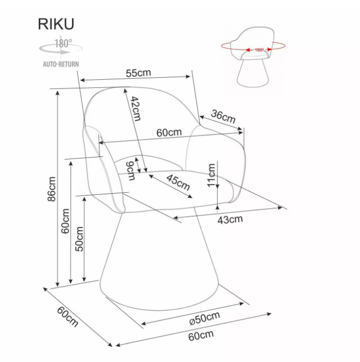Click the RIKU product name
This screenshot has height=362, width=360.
[x=55, y=25]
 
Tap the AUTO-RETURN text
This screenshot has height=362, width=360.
[x=60, y=64]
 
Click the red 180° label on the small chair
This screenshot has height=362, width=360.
[x=259, y=50]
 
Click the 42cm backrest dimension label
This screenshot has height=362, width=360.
[x=134, y=108]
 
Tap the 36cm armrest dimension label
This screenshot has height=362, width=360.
[x=223, y=117]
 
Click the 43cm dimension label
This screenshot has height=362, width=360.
[x=230, y=219]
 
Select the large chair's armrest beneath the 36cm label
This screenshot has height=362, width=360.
[x=217, y=159]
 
